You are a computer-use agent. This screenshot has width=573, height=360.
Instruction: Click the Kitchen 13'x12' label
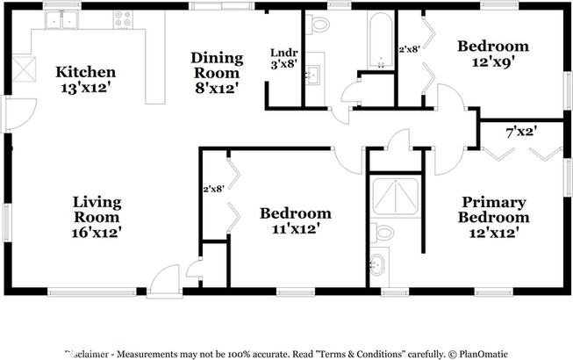pyautogui.click(x=85, y=79)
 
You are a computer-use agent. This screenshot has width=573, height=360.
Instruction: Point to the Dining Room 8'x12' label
pyautogui.click(x=215, y=72)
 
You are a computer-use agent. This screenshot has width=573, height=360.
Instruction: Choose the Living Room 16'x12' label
pyautogui.click(x=97, y=217)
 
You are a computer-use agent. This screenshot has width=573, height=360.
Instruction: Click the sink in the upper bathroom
pyautogui.click(x=313, y=76)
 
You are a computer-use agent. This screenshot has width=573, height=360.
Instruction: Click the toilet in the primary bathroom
pyautogui.click(x=383, y=234)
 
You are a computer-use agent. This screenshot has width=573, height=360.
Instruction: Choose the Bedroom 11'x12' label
pyautogui.click(x=295, y=220)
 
